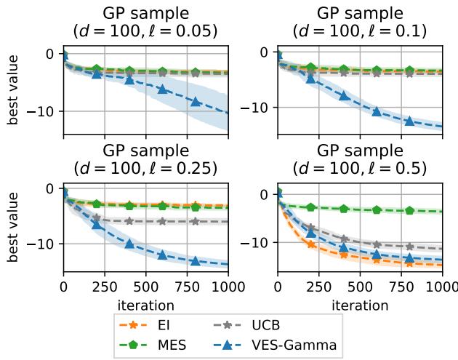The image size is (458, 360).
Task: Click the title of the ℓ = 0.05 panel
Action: point(145,23)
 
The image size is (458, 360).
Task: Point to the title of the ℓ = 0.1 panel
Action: point(360,23)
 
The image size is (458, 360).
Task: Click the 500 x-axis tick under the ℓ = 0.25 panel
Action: point(146,286)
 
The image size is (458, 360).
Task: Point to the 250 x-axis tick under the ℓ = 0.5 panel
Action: point(319,286)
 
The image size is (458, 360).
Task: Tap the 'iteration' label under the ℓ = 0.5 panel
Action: point(360,304)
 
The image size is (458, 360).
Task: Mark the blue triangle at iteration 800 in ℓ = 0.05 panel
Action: point(195,101)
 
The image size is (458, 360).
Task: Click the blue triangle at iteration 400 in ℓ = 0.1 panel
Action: point(344,95)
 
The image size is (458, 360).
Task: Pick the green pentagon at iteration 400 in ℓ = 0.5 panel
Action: point(344,209)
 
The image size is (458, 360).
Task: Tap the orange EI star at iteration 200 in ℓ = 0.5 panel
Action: point(311,244)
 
